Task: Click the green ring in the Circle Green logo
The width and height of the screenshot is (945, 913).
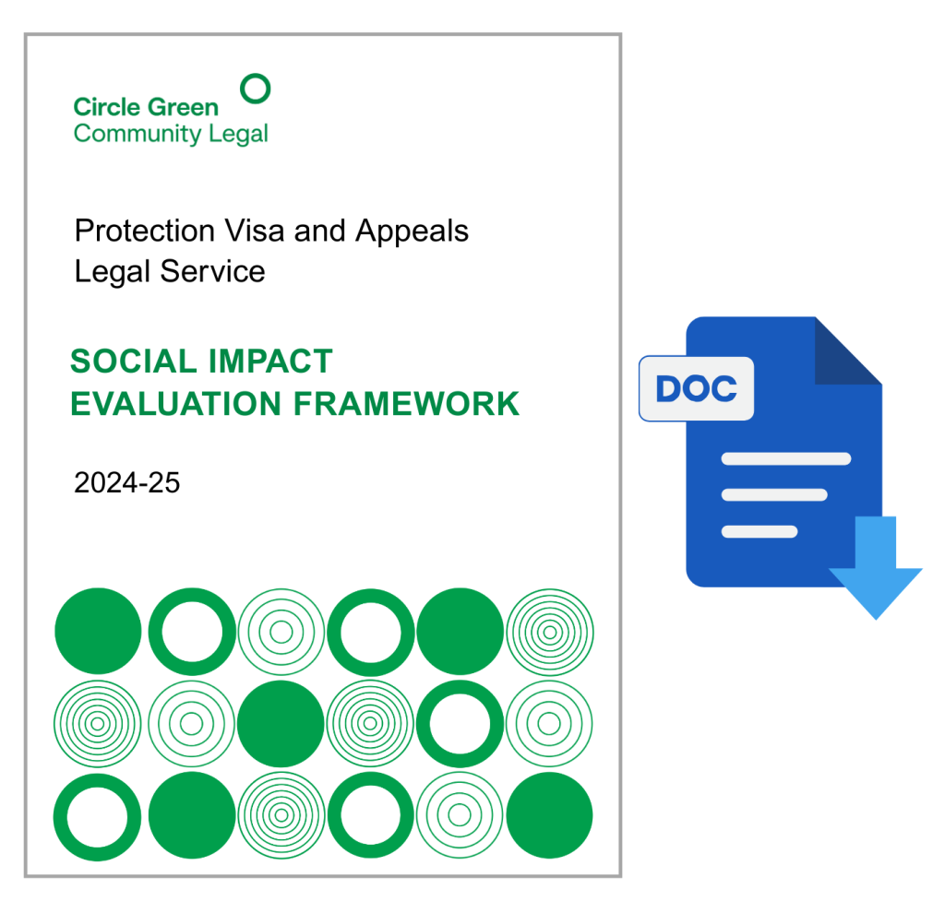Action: [256, 76]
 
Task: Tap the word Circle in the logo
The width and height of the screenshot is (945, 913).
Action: [107, 107]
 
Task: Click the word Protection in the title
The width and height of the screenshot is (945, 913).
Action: [145, 231]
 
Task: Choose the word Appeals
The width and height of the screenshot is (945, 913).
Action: [412, 231]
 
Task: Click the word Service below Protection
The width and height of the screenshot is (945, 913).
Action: [212, 271]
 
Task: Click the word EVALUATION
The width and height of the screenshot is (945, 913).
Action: [176, 404]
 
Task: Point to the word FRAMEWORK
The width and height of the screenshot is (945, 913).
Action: [406, 404]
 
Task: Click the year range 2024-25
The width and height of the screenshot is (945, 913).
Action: [127, 483]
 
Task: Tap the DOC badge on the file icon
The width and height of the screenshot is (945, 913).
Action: [696, 388]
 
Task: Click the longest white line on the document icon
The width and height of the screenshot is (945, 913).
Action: [786, 459]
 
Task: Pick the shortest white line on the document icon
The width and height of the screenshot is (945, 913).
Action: [760, 532]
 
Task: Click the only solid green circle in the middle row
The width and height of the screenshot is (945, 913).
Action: [281, 723]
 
